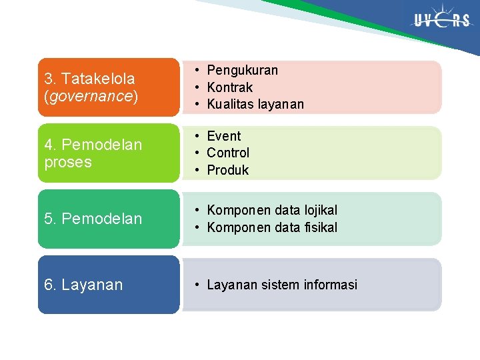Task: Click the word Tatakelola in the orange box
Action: click(x=98, y=79)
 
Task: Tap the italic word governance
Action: click(x=91, y=96)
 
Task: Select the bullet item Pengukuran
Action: click(x=242, y=70)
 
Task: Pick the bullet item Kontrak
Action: click(x=229, y=87)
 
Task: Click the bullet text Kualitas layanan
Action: click(x=255, y=104)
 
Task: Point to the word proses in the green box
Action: click(x=68, y=162)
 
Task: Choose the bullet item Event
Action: click(x=223, y=136)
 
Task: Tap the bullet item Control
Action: click(x=228, y=153)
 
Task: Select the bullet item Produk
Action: click(x=227, y=170)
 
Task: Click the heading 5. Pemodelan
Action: click(x=93, y=219)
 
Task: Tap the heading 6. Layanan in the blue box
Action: click(x=83, y=285)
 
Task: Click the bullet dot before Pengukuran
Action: click(x=198, y=71)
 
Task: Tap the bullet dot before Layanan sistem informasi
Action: click(x=198, y=285)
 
